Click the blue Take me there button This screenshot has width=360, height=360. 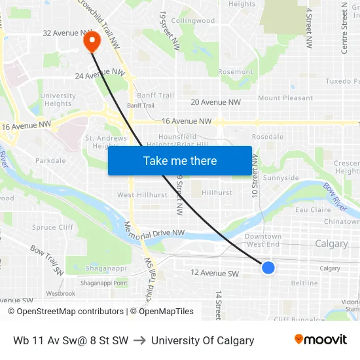click(180, 161)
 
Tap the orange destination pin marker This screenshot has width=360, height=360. click(91, 41)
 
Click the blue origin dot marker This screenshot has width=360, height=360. click(268, 267)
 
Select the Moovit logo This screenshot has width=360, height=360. click(320, 340)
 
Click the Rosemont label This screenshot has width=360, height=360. click(235, 72)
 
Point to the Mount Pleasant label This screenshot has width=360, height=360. click(285, 98)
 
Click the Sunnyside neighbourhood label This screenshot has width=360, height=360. click(281, 178)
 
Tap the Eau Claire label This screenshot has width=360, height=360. click(313, 210)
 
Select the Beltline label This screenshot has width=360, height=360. click(304, 283)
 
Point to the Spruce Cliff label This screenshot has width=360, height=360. click(52, 228)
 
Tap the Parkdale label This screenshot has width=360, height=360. click(50, 160)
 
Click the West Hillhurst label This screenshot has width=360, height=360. click(141, 195)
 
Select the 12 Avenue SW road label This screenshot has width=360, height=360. click(215, 273)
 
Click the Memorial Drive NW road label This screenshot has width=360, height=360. click(154, 233)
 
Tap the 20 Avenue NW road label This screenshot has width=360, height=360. click(216, 102)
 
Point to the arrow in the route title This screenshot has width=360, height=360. click(139, 340)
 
